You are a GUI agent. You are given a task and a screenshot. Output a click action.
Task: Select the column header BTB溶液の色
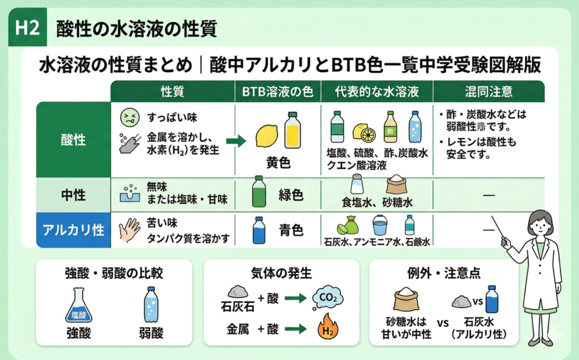[x=277, y=92]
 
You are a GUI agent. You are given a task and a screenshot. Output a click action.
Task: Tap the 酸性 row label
[x=73, y=139]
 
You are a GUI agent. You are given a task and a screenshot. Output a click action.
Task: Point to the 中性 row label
[x=73, y=196]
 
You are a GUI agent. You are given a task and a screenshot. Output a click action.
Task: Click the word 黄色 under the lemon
[x=278, y=163]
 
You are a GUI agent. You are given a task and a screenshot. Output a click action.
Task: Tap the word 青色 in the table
[x=291, y=230]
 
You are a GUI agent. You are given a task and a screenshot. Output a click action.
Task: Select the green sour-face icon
[x=129, y=118]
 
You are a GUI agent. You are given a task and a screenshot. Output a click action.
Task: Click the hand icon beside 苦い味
[x=129, y=230]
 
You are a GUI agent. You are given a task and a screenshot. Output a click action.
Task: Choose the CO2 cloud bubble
[x=328, y=298]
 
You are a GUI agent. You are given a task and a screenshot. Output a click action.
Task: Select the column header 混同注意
[x=489, y=92]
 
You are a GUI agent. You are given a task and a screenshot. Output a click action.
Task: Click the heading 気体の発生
[x=281, y=273]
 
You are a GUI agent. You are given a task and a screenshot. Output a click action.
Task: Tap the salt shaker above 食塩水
[x=357, y=184]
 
